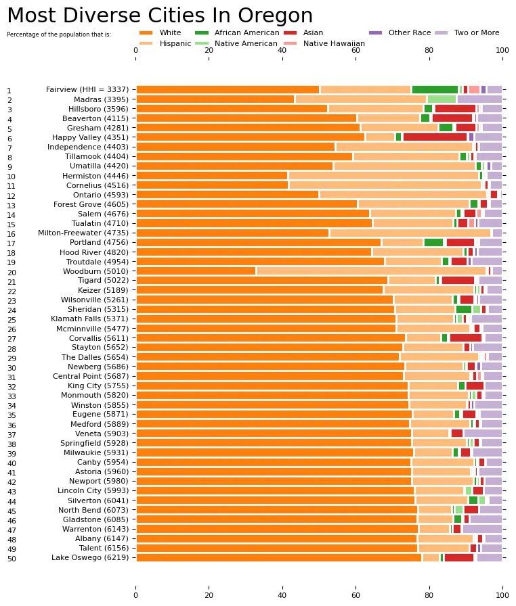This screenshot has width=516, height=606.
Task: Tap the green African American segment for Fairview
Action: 435,89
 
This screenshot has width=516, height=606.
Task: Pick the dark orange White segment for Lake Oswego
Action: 279,557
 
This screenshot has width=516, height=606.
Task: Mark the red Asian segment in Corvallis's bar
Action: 466,337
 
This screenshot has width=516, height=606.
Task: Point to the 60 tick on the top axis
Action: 356,49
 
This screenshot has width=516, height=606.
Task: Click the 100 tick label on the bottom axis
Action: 502,596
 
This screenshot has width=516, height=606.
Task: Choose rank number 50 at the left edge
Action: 9,559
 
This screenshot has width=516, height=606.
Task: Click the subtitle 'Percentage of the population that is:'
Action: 58,34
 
